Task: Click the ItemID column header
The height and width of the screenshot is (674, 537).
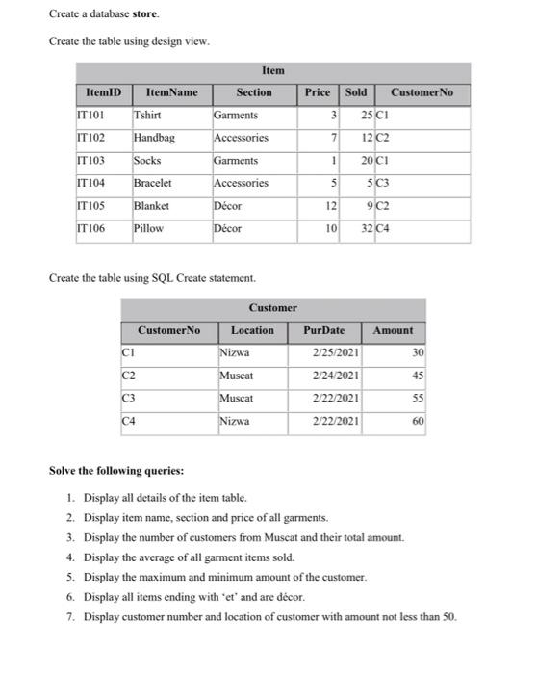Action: coord(103,92)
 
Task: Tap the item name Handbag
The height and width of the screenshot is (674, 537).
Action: coord(154,138)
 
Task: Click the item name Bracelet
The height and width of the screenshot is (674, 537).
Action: coord(153,183)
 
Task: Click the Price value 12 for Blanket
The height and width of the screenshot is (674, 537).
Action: coord(329,206)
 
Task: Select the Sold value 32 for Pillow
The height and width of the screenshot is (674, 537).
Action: coord(367,228)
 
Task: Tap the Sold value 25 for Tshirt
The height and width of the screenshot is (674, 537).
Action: coord(367,116)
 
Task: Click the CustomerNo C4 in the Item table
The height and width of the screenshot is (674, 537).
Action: coord(383,228)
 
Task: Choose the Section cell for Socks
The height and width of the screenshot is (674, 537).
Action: coord(236,161)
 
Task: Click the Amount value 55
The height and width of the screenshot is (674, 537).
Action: coord(418,398)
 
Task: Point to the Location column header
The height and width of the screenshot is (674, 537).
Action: coord(252,330)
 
